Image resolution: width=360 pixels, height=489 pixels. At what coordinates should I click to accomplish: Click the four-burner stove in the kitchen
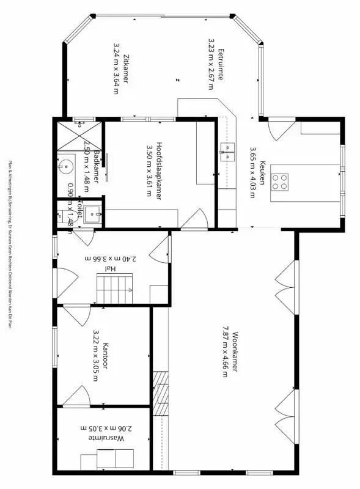(x=281, y=181)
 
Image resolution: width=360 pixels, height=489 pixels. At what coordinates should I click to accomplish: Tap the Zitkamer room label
(x=125, y=67)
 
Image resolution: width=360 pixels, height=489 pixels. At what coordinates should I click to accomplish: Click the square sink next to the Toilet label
(x=93, y=214)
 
